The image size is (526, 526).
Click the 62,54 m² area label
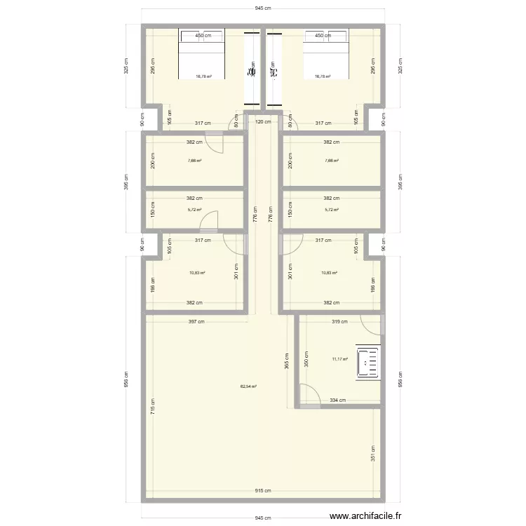pyautogui.click(x=248, y=386)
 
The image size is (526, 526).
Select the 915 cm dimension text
pyautogui.click(x=265, y=491)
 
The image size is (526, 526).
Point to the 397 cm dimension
pyautogui.click(x=196, y=323)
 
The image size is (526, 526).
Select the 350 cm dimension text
pyautogui.click(x=305, y=360)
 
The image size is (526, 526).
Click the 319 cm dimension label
pyautogui.click(x=339, y=323)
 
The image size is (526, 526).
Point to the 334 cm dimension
pyautogui.click(x=338, y=400)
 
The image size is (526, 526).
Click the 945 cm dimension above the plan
pyautogui.click(x=264, y=8)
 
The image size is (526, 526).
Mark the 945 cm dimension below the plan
pyautogui.click(x=264, y=518)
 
